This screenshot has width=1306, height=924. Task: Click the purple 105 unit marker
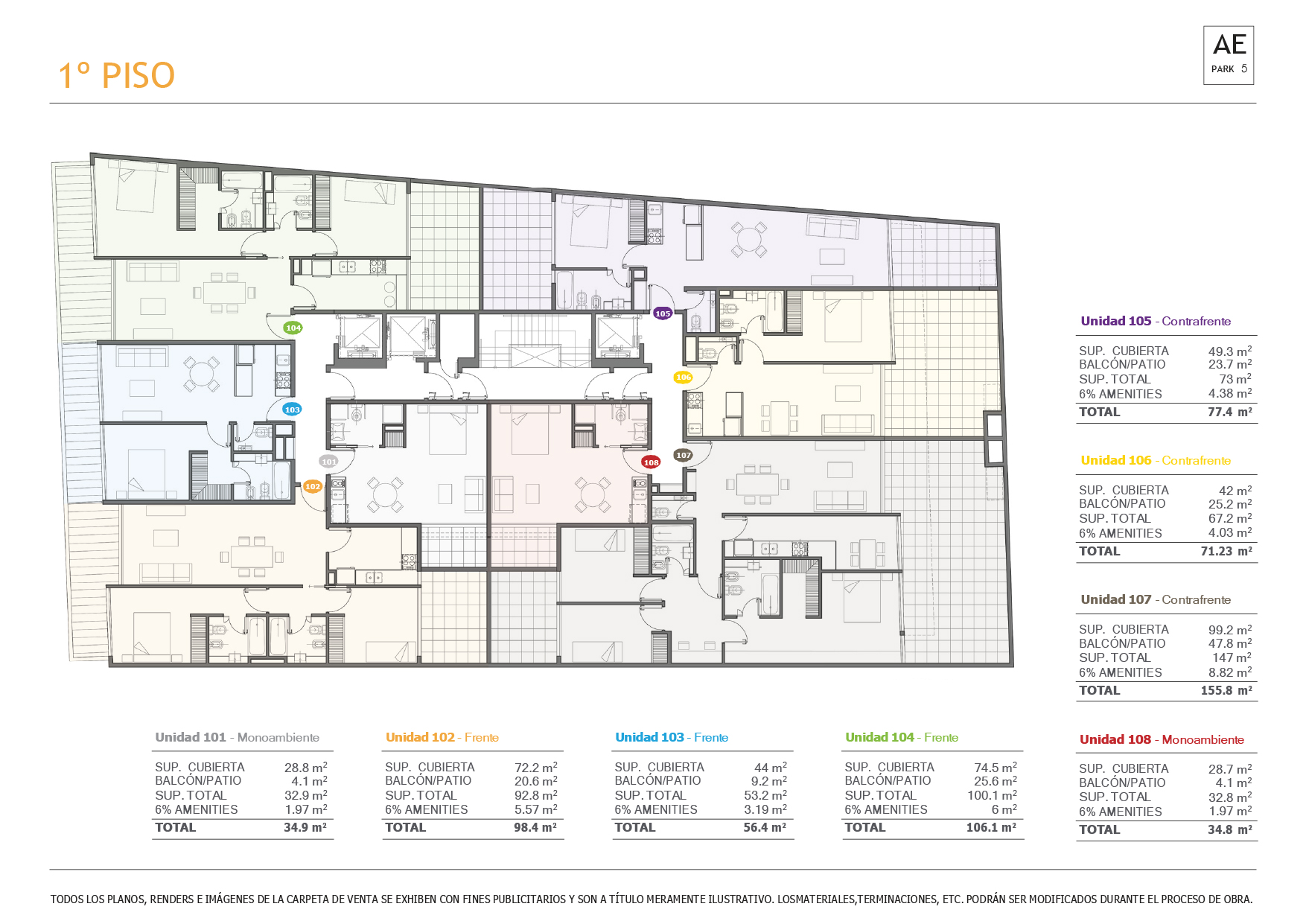[663, 313]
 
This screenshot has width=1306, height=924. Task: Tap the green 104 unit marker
[293, 328]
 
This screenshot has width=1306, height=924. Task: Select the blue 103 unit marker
[292, 410]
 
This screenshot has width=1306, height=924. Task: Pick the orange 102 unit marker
[313, 487]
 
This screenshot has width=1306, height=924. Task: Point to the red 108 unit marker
[651, 462]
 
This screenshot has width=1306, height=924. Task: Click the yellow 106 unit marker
[683, 377]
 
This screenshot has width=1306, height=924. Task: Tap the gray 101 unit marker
[328, 462]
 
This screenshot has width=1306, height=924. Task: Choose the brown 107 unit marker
[683, 455]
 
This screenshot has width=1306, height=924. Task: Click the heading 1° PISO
[116, 75]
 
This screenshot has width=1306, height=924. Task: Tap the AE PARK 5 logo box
[1229, 55]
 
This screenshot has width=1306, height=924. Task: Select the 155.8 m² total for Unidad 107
[1226, 690]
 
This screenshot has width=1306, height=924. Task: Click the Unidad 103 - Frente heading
[672, 737]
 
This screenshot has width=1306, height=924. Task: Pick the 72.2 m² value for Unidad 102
[535, 767]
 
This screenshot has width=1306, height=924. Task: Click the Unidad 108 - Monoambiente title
[1162, 739]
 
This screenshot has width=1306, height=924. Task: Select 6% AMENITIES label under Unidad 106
[1120, 533]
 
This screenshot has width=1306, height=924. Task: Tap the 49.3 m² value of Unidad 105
[1229, 351]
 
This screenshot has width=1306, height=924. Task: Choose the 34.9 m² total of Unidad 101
[305, 827]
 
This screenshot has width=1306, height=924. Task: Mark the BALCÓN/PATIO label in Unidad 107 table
[1122, 643]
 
